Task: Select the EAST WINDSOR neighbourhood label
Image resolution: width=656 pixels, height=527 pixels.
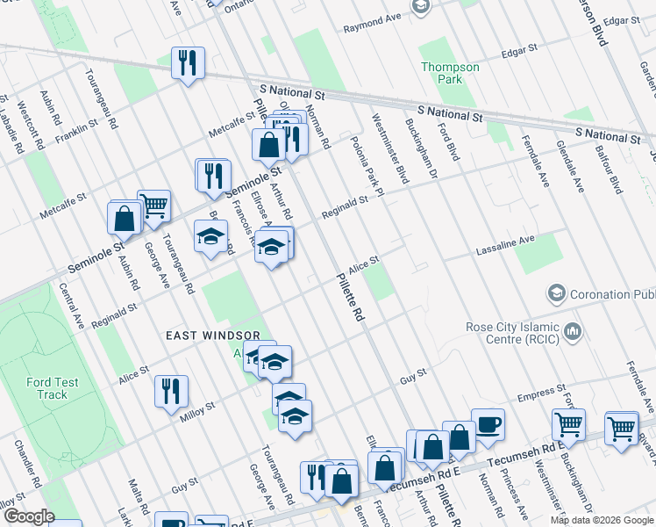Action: coord(213,336)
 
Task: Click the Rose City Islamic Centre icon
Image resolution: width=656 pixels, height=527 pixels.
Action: coord(573,331)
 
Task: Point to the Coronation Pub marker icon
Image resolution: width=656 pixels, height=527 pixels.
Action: coord(555,292)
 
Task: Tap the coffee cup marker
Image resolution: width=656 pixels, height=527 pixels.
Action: coord(488,424)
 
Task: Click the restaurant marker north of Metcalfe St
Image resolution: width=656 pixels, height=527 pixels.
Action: coord(188,62)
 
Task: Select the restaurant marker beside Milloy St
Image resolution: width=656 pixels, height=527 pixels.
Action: coord(171,391)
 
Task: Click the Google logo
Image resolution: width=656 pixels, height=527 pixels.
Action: coord(29,516)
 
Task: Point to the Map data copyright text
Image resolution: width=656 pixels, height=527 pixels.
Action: coord(602,520)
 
